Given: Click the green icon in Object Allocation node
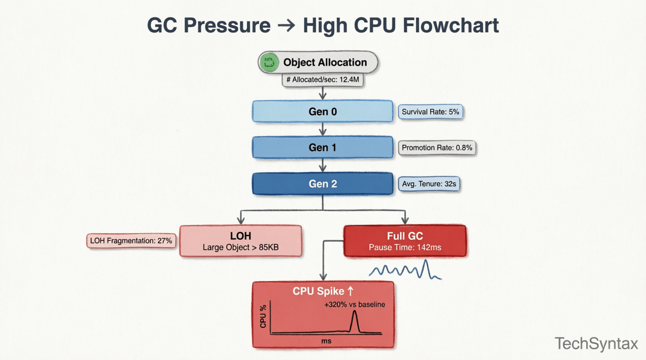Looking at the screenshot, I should [269, 62].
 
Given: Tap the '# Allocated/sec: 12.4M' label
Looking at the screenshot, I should [323, 80].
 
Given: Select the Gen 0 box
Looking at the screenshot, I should [322, 112].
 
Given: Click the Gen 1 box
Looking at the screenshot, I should [322, 147].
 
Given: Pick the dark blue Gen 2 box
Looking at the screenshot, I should [322, 183].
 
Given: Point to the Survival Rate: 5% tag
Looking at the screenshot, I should [430, 112].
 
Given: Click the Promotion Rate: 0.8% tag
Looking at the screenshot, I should [437, 148].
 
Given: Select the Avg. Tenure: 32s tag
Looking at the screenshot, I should [429, 184].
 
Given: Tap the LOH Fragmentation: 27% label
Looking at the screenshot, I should [131, 241].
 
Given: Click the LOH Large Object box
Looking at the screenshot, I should [240, 241].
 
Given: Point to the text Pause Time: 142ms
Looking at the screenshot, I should [405, 247].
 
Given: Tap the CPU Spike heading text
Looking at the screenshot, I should [318, 291].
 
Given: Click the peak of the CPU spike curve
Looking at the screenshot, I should [354, 312].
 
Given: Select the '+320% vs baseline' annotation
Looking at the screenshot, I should [354, 305].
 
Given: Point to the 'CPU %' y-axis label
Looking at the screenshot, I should [263, 316].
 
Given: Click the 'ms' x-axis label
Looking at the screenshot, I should [326, 341].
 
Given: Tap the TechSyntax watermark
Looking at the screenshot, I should [596, 344].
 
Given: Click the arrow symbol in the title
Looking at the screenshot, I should [287, 26].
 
